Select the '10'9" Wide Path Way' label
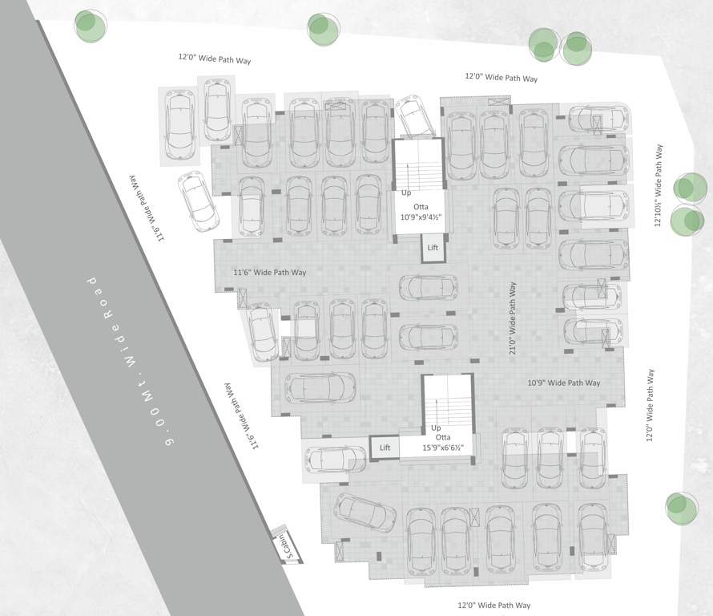(x=564, y=383)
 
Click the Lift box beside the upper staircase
(x=433, y=248)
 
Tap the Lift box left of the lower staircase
(x=385, y=448)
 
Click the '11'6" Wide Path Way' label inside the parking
(x=270, y=273)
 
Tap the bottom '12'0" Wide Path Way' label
(x=493, y=605)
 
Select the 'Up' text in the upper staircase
(x=406, y=193)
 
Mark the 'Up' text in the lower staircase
(x=437, y=428)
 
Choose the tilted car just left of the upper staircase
(x=414, y=117)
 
